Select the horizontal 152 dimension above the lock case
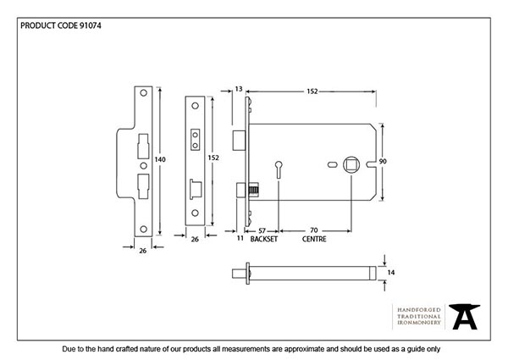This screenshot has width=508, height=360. pos(312,91)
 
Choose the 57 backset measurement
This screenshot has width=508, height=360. pos(262,230)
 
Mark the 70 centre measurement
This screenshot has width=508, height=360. pos(314,230)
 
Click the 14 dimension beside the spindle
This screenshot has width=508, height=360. pos(390,273)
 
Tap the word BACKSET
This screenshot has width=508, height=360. pos(262,240)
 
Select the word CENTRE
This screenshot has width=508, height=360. pos(314,240)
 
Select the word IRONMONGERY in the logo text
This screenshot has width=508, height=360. pos(417,324)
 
